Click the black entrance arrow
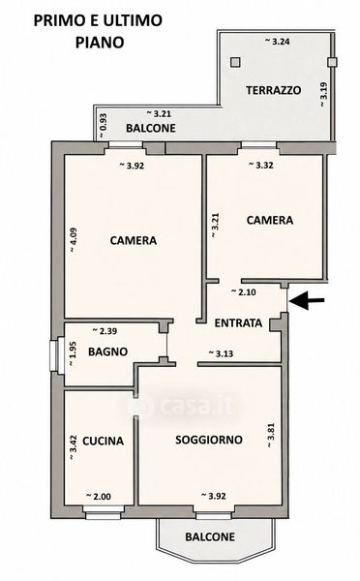point(307,300)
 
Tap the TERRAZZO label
point(273,90)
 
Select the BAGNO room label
point(107,352)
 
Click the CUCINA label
point(103,441)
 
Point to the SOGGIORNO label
point(209,440)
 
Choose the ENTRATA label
point(238,322)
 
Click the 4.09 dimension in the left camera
point(74,240)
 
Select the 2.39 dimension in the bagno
point(105,331)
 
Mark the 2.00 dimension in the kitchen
point(98,496)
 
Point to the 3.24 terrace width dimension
point(277,41)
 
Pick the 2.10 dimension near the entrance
point(243,292)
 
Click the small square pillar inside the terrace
point(235,62)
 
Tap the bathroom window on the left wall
point(55,355)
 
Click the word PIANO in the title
point(100,43)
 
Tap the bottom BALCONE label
point(210,536)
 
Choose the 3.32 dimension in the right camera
point(260,165)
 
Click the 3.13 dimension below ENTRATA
point(221,353)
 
